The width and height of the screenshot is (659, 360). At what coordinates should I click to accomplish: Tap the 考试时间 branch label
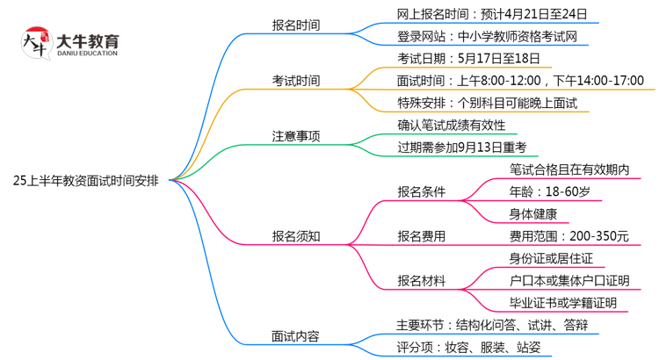coord(295,81)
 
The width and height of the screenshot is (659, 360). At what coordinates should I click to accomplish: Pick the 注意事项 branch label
coord(295,136)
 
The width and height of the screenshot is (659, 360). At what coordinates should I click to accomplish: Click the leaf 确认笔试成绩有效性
coord(452,126)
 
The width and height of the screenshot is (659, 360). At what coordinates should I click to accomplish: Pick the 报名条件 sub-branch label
coord(422,191)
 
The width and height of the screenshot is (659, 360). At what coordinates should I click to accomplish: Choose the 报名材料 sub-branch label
coord(422,281)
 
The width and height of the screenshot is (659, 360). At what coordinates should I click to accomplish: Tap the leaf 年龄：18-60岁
coord(549,191)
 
